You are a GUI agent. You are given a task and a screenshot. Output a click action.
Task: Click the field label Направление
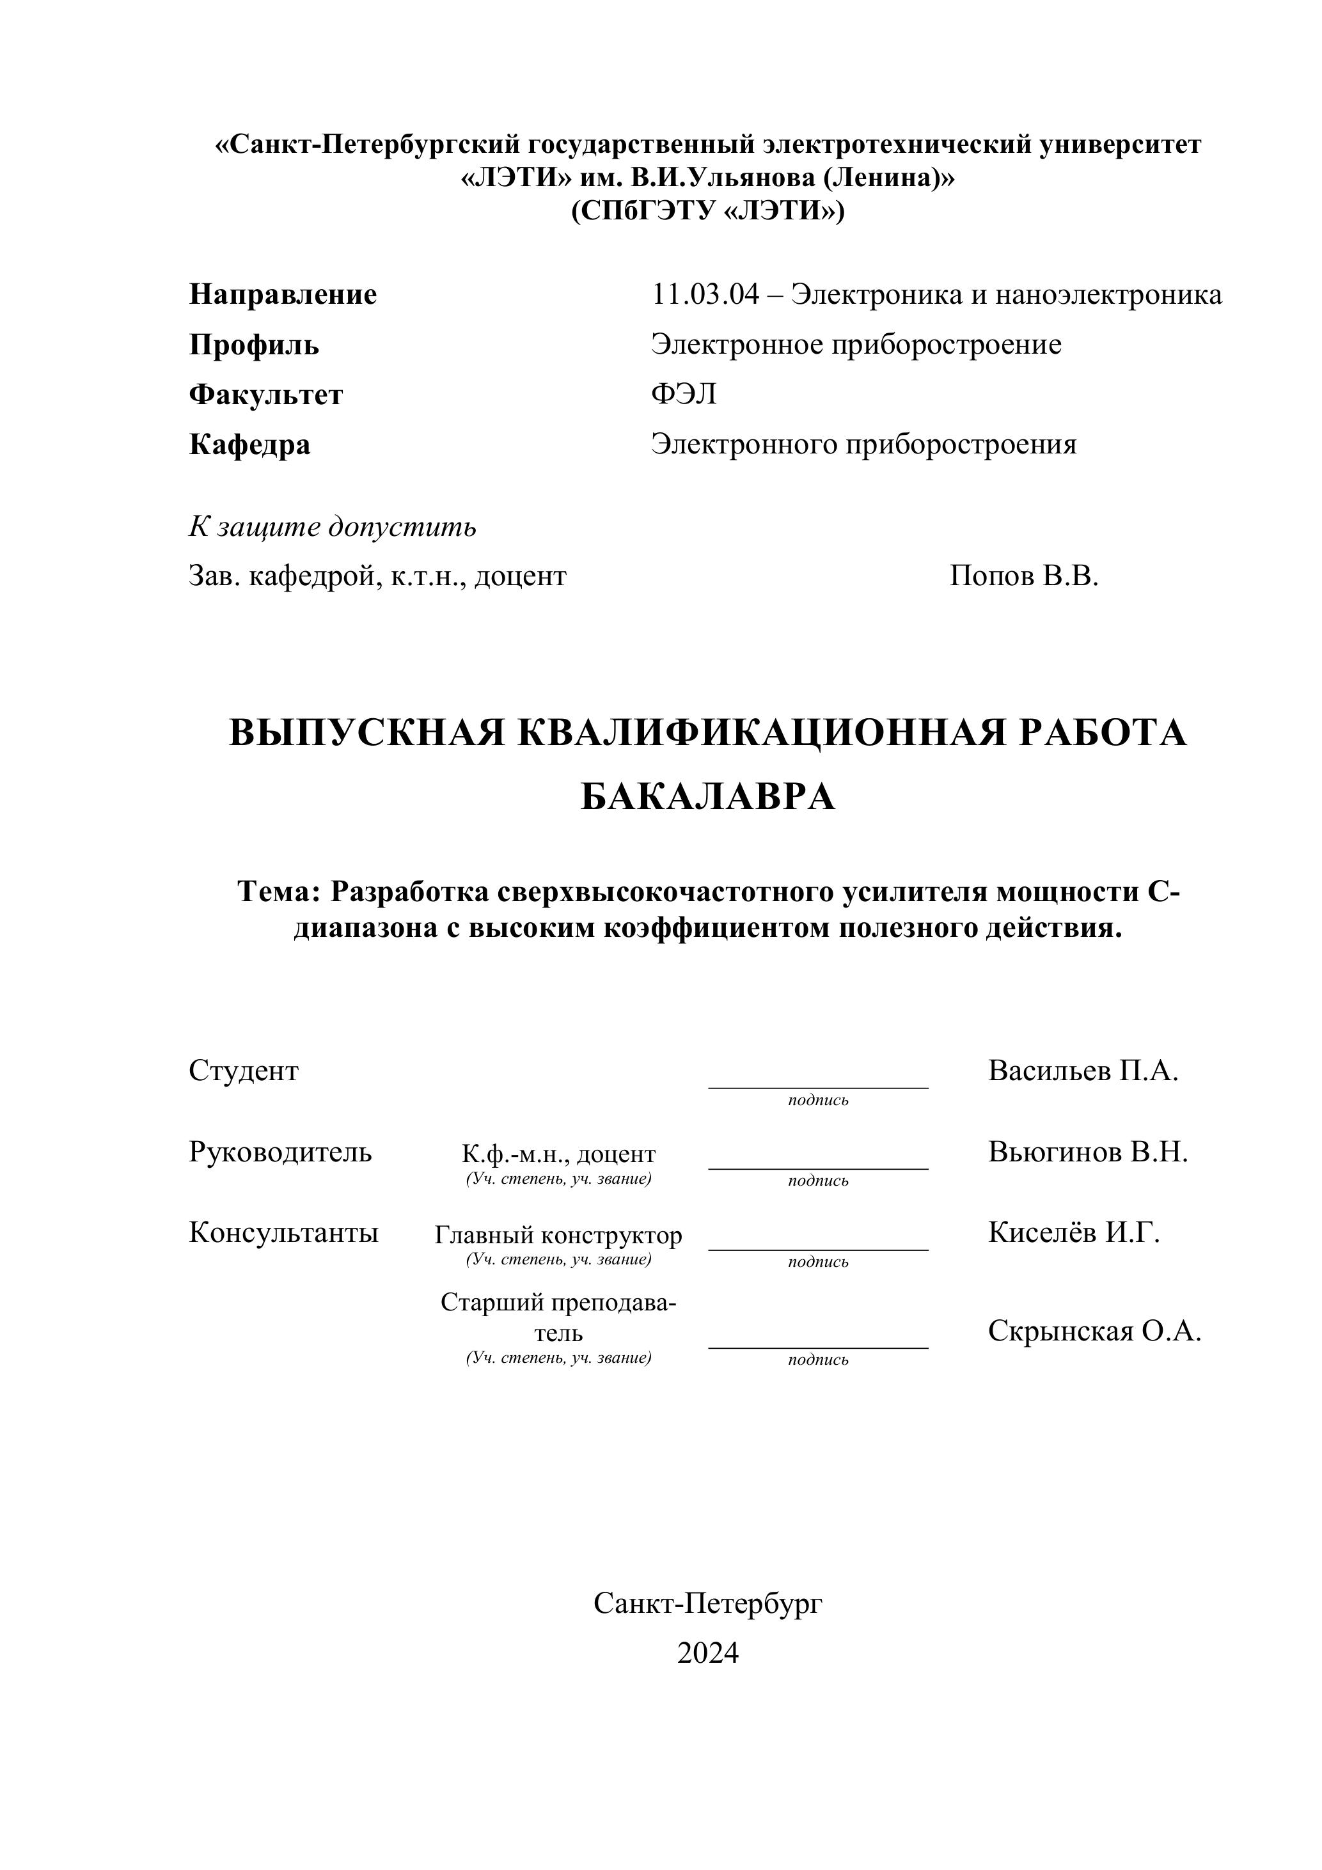[x=283, y=294]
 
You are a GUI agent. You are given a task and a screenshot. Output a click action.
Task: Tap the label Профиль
[x=253, y=345]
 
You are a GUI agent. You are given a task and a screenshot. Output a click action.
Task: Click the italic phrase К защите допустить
[x=333, y=527]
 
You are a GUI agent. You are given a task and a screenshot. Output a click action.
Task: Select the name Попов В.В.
[x=1024, y=577]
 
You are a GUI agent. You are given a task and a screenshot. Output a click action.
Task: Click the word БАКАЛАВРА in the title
[x=708, y=797]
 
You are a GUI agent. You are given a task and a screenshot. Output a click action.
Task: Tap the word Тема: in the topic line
[x=279, y=892]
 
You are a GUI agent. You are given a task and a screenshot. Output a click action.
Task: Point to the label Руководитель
[x=280, y=1152]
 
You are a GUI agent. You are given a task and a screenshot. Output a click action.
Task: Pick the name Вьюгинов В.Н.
[x=1088, y=1152]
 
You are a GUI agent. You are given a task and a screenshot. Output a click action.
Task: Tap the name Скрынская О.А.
[x=1095, y=1331]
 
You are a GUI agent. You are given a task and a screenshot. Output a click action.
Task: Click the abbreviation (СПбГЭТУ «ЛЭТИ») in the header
[x=708, y=211]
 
